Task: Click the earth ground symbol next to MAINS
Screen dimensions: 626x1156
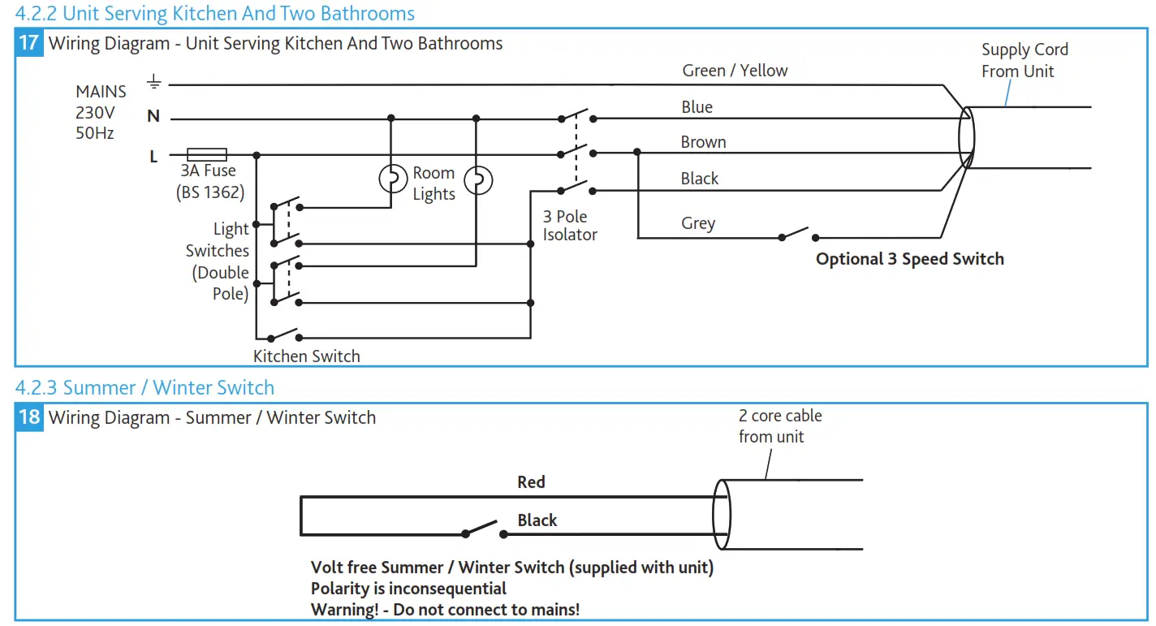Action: pyautogui.click(x=153, y=83)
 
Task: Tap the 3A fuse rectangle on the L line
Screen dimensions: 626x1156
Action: pyautogui.click(x=206, y=154)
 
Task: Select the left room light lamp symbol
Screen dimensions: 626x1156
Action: pyautogui.click(x=393, y=179)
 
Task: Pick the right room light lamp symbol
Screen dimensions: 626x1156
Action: pyautogui.click(x=477, y=180)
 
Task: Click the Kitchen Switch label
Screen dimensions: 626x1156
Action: pyautogui.click(x=306, y=356)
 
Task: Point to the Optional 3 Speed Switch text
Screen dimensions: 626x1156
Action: pyautogui.click(x=909, y=259)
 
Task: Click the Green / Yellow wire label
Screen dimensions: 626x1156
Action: pyautogui.click(x=735, y=71)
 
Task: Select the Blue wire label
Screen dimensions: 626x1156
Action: pyautogui.click(x=697, y=107)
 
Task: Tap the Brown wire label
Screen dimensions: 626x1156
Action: pyautogui.click(x=703, y=142)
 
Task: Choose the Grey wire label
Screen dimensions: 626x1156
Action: pyautogui.click(x=698, y=223)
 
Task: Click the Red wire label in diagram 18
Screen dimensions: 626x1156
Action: pyautogui.click(x=531, y=482)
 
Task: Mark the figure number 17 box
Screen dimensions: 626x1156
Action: pyautogui.click(x=29, y=43)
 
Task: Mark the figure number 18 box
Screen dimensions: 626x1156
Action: pyautogui.click(x=29, y=417)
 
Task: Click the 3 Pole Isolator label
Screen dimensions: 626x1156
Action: pyautogui.click(x=570, y=226)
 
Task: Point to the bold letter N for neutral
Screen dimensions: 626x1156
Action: pyautogui.click(x=153, y=117)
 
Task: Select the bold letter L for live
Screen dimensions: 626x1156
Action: pyautogui.click(x=153, y=157)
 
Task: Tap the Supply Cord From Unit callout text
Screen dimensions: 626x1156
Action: pyautogui.click(x=1024, y=60)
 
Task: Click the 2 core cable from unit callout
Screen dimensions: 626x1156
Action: pyautogui.click(x=779, y=426)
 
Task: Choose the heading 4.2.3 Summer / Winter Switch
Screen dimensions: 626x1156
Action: pyautogui.click(x=144, y=388)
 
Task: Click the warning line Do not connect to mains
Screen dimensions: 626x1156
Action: pyautogui.click(x=445, y=610)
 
